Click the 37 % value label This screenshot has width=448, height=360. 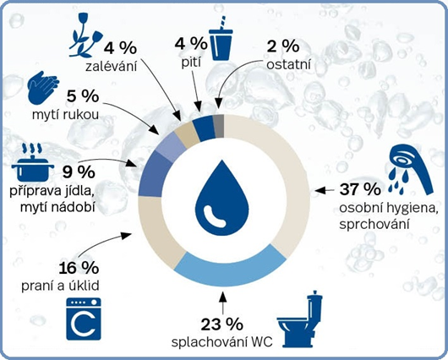click(x=360, y=189)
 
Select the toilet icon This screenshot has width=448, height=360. click(x=300, y=318)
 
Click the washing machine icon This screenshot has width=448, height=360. click(x=84, y=319)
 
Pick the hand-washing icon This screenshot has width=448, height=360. click(x=43, y=87)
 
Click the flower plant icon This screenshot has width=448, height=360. click(x=85, y=35)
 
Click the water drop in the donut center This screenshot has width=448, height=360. click(x=222, y=198)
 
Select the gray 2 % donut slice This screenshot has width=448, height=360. click(x=219, y=126)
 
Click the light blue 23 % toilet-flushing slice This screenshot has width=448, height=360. click(x=230, y=267)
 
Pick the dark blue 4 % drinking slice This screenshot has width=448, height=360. click(x=204, y=129)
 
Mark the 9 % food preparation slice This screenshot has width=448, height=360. click(x=155, y=173)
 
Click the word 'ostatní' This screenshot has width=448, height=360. click(x=288, y=65)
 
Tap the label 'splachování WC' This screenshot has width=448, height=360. click(x=222, y=342)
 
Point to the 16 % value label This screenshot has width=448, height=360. click(x=79, y=268)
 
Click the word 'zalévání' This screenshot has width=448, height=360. click(x=112, y=67)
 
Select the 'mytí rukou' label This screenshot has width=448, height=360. click(x=65, y=115)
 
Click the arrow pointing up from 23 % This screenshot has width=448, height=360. click(x=223, y=301)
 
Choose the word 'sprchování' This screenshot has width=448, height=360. click(x=374, y=224)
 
